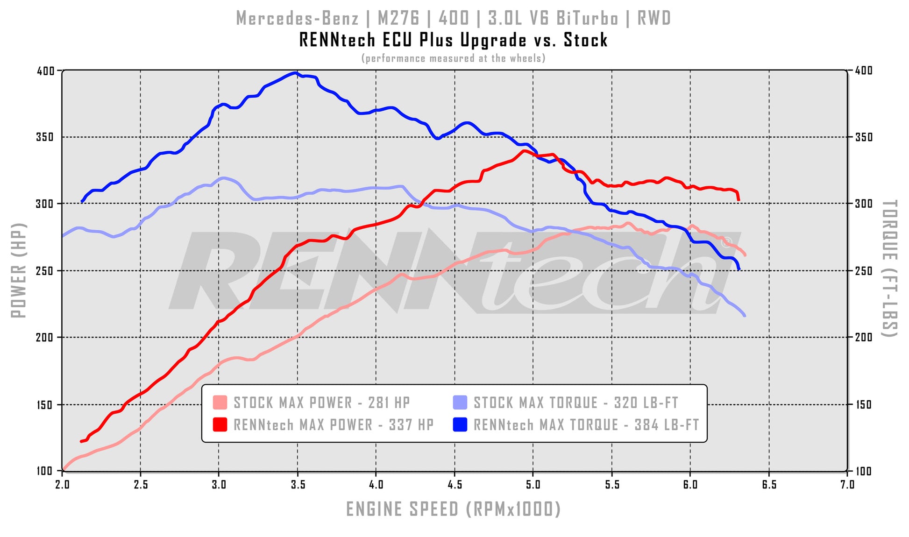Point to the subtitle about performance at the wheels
click(x=453, y=58)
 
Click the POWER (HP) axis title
click(x=19, y=270)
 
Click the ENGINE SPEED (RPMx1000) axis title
click(x=453, y=509)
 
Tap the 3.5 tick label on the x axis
click(x=298, y=484)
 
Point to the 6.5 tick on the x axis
click(x=769, y=484)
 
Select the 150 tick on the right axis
click(x=864, y=405)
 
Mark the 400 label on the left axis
click(x=46, y=71)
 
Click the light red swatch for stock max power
click(x=220, y=403)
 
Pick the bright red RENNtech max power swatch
click(x=220, y=424)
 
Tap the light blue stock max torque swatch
click(x=460, y=403)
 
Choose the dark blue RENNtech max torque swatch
click(x=460, y=424)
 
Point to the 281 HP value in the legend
click(x=389, y=403)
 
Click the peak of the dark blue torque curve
click(x=295, y=73)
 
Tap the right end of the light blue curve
click(x=744, y=316)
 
